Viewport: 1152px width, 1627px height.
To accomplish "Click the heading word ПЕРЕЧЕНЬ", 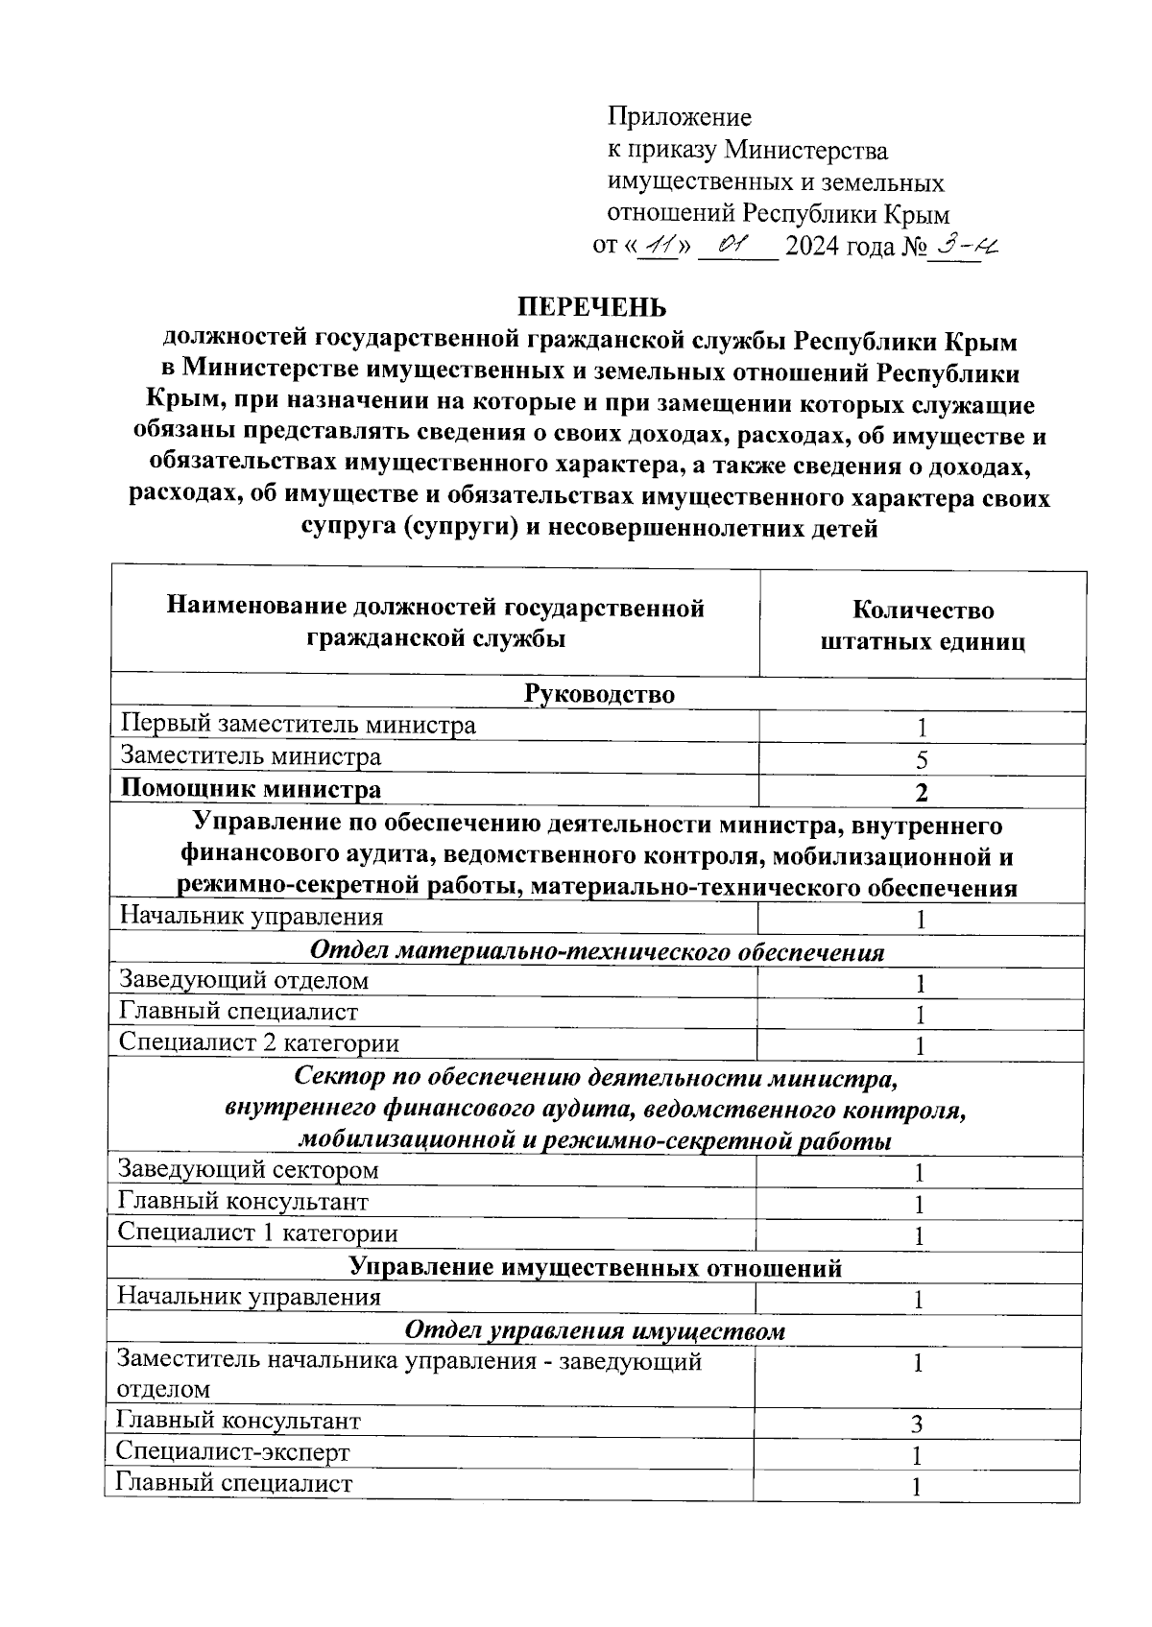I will point(591,307).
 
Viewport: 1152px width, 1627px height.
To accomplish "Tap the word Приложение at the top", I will point(679,117).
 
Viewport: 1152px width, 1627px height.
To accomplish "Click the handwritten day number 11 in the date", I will point(658,246).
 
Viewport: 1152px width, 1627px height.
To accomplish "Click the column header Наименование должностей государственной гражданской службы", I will point(436,623).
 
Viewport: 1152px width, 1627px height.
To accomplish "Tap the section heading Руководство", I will point(599,694).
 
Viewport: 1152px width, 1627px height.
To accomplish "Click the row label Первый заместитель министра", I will point(298,726).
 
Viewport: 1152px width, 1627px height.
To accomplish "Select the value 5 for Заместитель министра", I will point(921,761).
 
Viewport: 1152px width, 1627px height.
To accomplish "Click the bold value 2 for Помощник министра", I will point(921,793).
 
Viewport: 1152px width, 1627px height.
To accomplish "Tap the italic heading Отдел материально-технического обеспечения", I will point(596,951).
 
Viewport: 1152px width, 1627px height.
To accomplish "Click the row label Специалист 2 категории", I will point(258,1043).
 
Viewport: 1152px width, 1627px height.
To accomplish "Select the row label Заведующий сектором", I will point(248,1170).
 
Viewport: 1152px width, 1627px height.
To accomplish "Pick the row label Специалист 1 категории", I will point(257,1232).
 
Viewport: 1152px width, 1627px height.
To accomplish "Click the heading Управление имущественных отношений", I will point(595,1267).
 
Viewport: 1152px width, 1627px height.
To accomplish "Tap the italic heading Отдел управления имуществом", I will point(594,1330).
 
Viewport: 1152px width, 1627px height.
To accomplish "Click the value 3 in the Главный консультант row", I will point(918,1424).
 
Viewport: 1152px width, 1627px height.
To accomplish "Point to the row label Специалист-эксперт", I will point(232,1452).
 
